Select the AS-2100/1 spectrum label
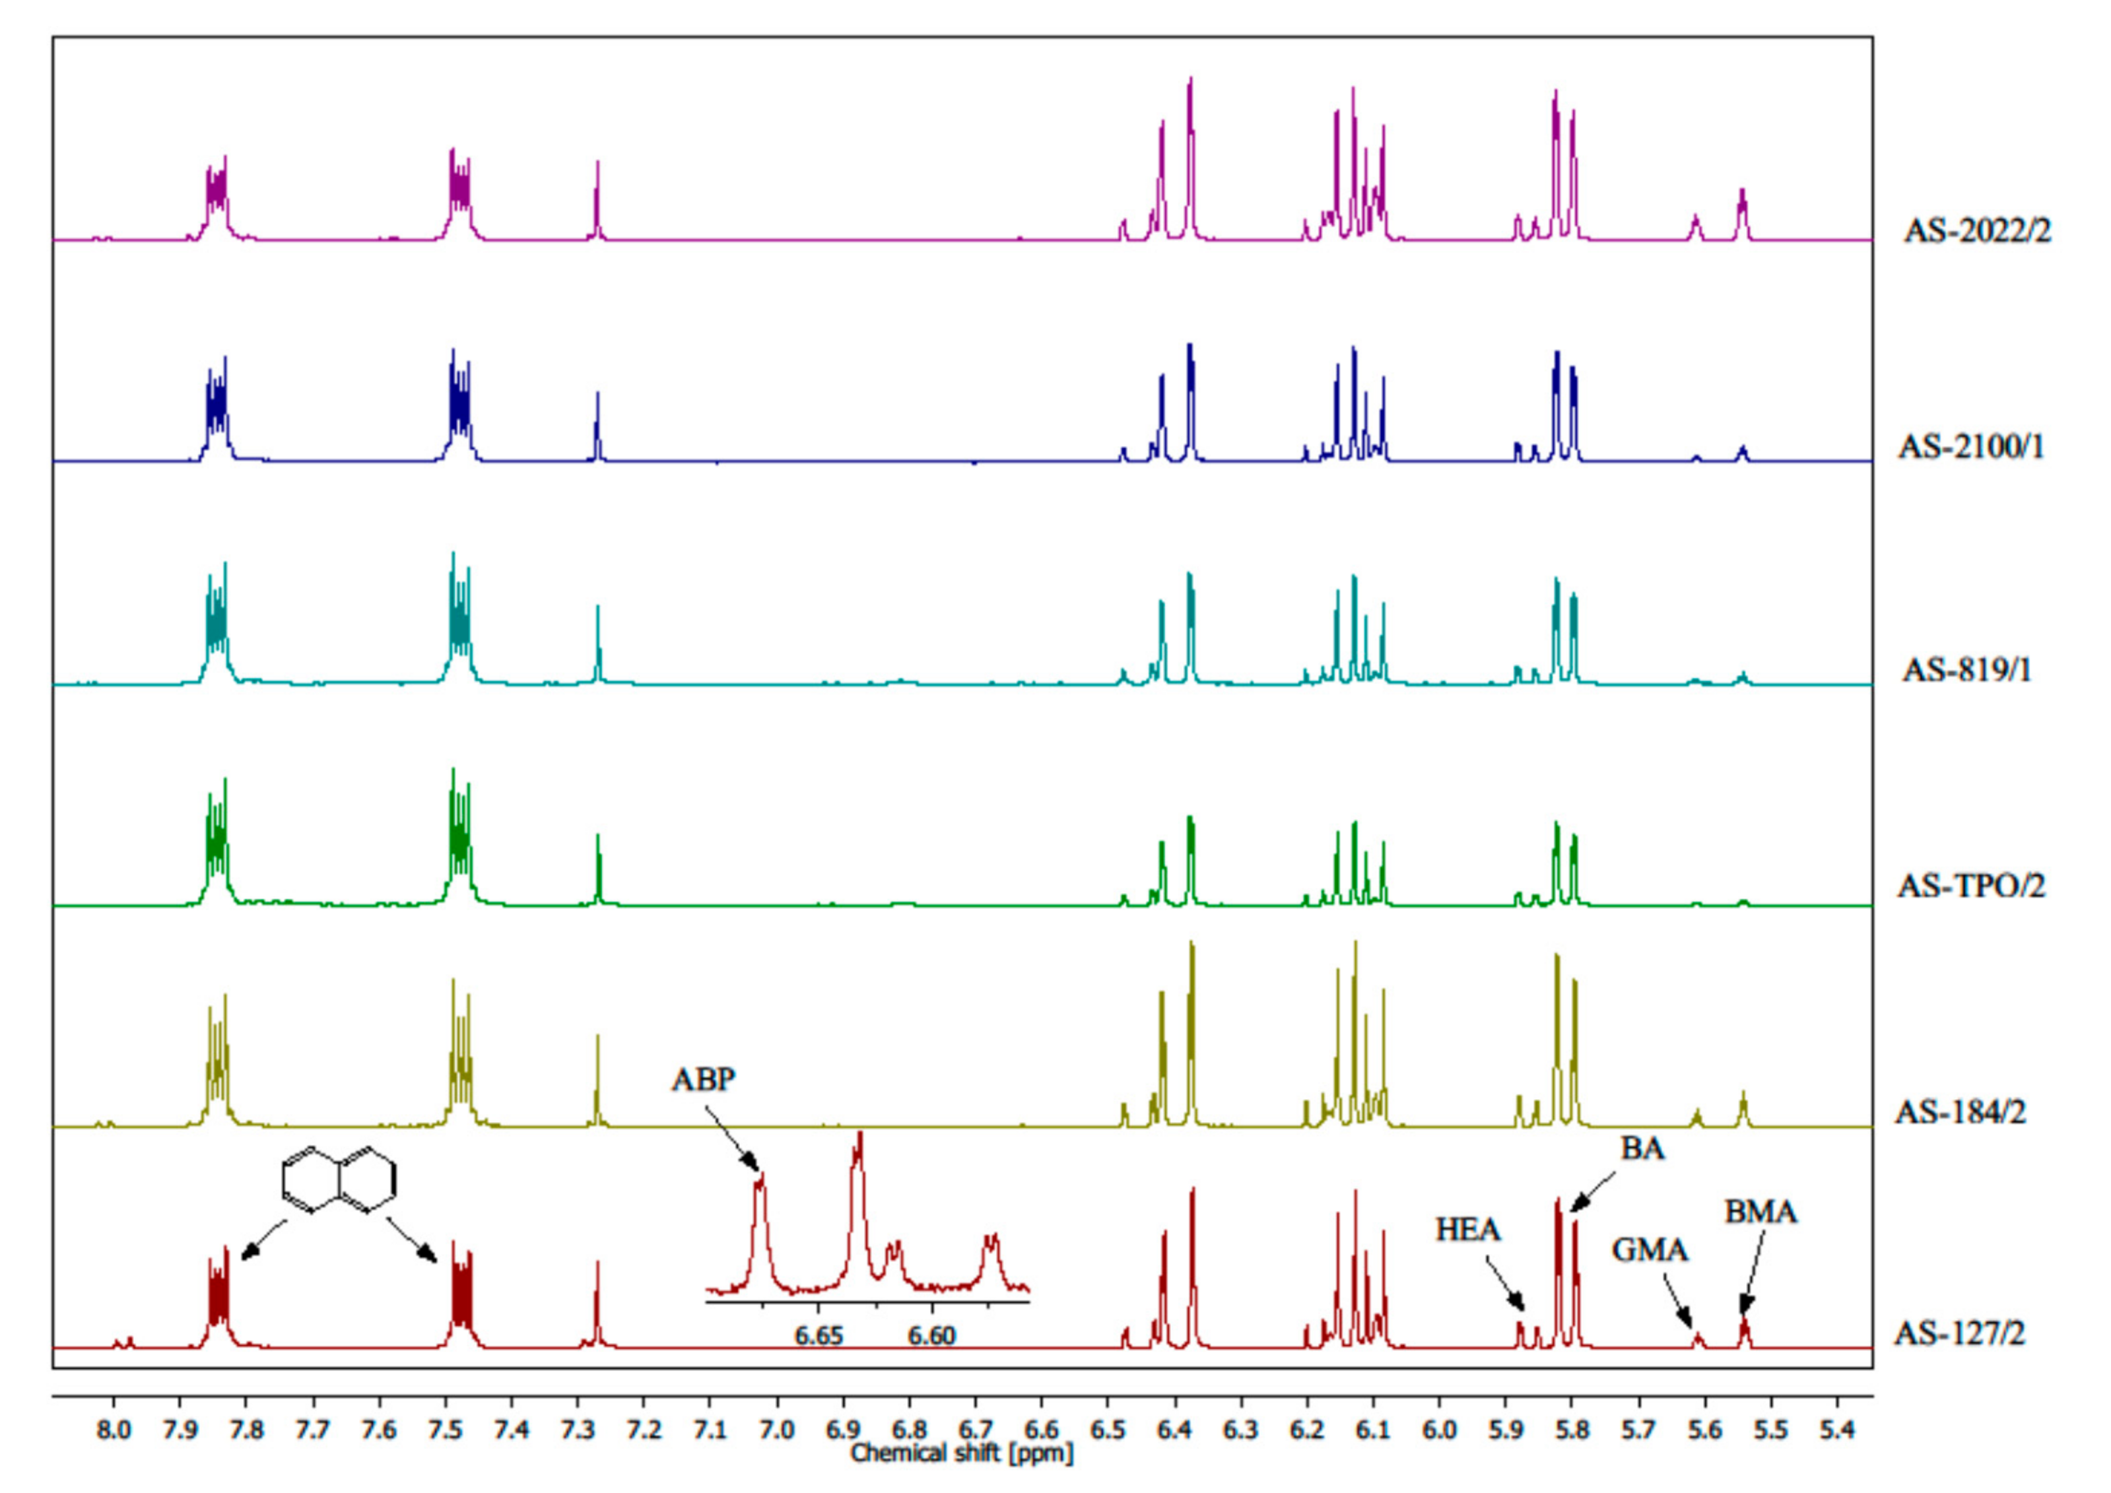click(x=1971, y=448)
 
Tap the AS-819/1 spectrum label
click(x=1967, y=670)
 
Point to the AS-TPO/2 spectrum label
click(x=1971, y=886)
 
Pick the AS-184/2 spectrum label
click(x=1959, y=1113)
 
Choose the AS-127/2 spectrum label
click(x=1959, y=1332)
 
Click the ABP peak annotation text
click(x=704, y=1080)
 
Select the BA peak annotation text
click(x=1642, y=1149)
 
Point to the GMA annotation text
click(x=1650, y=1251)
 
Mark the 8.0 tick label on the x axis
click(x=113, y=1430)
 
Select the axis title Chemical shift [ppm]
click(x=962, y=1453)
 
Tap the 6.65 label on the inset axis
click(x=818, y=1335)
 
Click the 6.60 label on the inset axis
click(x=931, y=1335)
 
